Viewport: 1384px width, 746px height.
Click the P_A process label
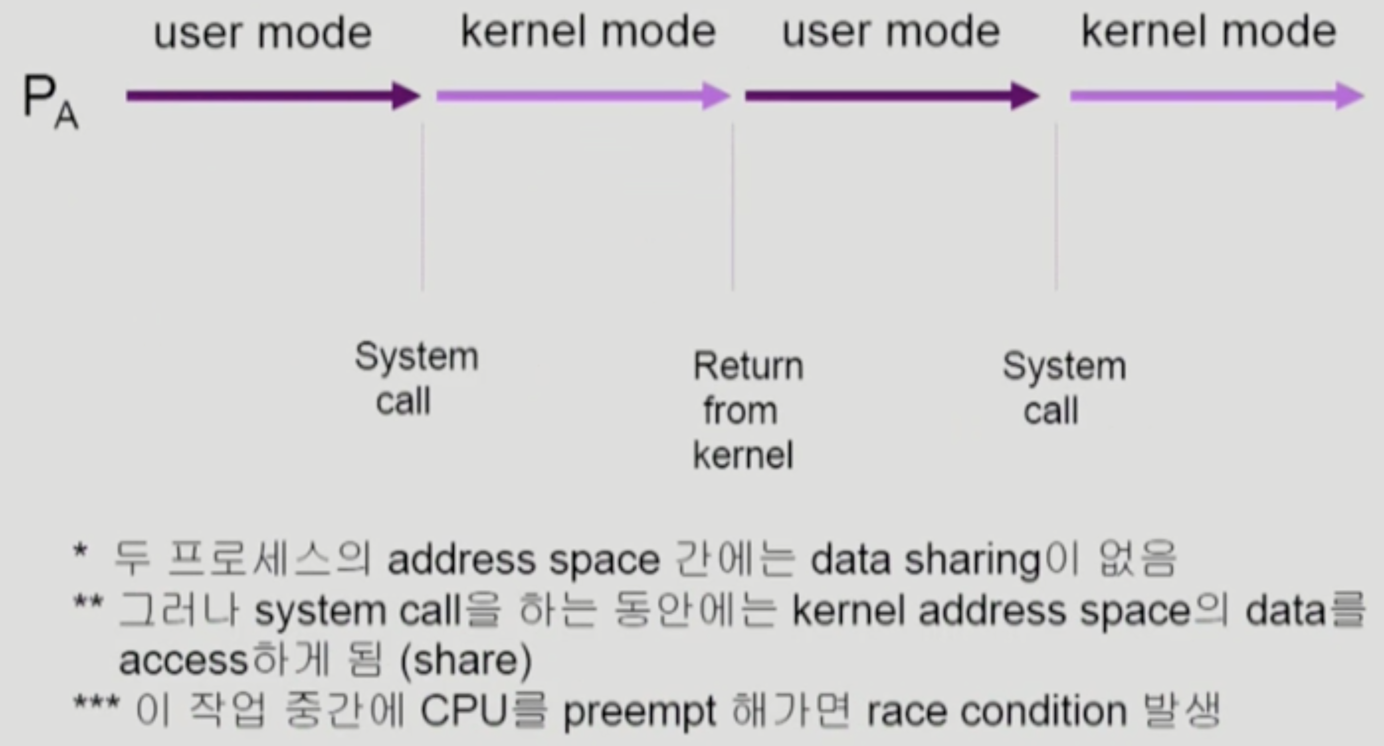tap(49, 102)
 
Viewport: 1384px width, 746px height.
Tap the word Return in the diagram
tap(748, 367)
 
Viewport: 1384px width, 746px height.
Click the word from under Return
tap(741, 411)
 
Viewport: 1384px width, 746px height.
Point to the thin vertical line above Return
tap(732, 207)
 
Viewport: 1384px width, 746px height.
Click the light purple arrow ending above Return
tap(583, 96)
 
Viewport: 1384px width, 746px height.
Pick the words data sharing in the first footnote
tap(926, 560)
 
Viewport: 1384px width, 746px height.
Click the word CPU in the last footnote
tap(464, 712)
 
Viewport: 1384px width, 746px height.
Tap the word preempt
tap(640, 713)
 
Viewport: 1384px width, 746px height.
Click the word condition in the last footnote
tap(1043, 712)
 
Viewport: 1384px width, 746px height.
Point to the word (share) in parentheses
tap(466, 661)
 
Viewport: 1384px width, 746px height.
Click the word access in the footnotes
tap(183, 661)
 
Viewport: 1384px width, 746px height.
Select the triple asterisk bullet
tap(96, 703)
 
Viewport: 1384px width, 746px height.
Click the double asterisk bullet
tap(88, 602)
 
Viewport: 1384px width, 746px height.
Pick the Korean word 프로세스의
tap(269, 560)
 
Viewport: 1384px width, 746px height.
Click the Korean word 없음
tap(1138, 560)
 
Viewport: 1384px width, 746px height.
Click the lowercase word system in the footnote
tap(320, 612)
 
